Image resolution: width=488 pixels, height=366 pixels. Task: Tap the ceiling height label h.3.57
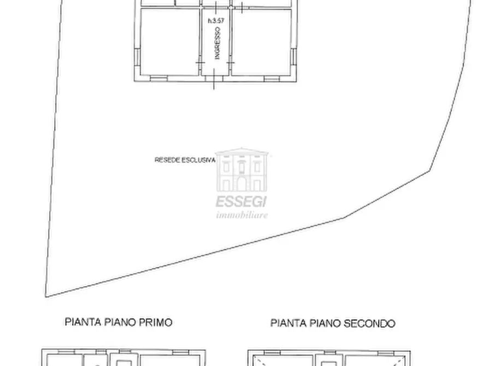click(x=216, y=21)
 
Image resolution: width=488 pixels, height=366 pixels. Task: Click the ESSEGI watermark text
click(x=242, y=201)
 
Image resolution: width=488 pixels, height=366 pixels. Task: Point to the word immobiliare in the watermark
click(x=242, y=215)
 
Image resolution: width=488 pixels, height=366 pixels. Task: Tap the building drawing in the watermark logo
click(x=242, y=170)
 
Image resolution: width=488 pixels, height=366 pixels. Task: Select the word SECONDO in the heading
click(x=369, y=323)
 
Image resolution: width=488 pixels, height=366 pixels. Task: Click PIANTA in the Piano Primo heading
click(x=83, y=322)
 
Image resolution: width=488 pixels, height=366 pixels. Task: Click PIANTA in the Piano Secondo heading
click(x=289, y=323)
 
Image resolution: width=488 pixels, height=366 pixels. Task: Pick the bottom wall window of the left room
click(x=158, y=79)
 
